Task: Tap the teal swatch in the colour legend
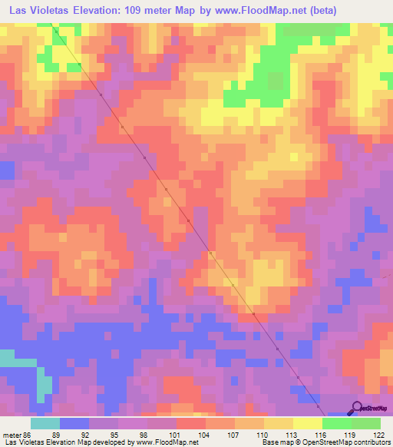coord(45,423)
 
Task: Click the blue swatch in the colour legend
coord(74,423)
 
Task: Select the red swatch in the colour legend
coord(190,423)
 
